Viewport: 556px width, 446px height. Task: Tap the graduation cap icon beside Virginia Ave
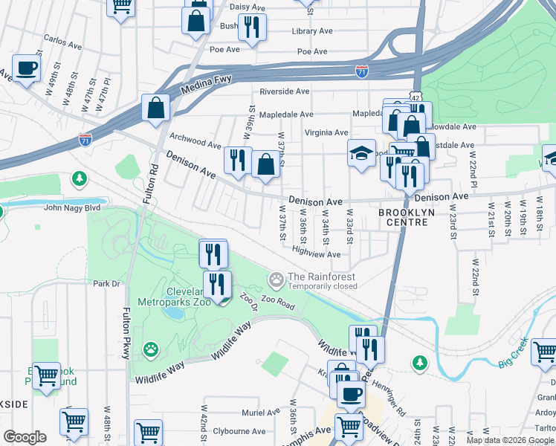click(x=361, y=154)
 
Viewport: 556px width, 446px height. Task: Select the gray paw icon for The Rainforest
click(x=277, y=280)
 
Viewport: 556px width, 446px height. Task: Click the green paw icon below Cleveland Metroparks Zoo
click(x=151, y=348)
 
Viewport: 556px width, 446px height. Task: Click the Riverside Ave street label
click(x=284, y=91)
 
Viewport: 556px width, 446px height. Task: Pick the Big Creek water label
click(x=513, y=348)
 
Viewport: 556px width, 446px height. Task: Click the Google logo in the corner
click(x=25, y=436)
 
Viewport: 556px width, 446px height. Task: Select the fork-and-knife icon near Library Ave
click(x=252, y=27)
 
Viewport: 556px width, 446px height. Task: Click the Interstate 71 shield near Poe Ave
click(x=361, y=71)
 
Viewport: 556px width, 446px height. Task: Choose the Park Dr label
click(x=106, y=283)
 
